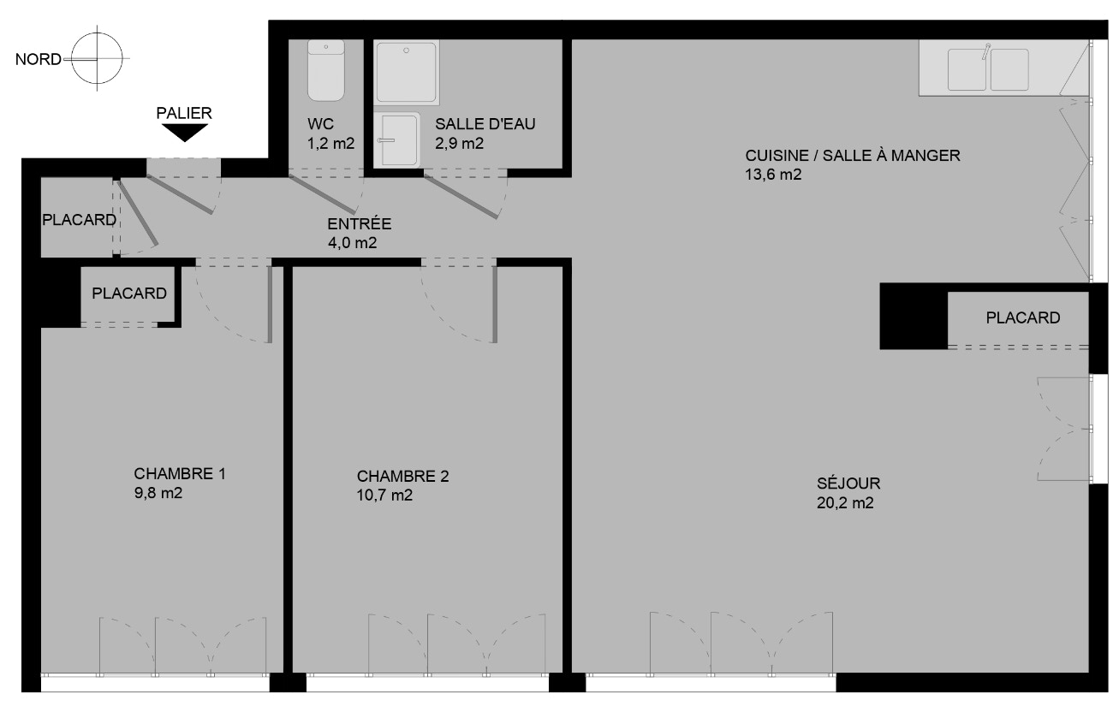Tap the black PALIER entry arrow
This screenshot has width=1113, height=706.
tap(184, 133)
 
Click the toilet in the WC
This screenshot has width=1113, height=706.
tap(326, 70)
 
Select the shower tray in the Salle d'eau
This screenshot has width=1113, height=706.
tap(407, 73)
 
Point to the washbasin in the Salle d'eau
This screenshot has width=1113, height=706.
tap(397, 139)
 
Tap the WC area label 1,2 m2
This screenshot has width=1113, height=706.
tap(331, 144)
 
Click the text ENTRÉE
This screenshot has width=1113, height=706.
tap(360, 223)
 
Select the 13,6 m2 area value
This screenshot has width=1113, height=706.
tap(773, 175)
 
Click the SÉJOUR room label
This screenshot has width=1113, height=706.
tap(848, 484)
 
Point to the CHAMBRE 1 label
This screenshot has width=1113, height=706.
tap(180, 473)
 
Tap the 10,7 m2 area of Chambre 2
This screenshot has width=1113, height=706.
tap(384, 495)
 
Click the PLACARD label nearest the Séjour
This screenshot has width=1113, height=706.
tap(1023, 317)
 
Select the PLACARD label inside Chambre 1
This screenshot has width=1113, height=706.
tap(129, 294)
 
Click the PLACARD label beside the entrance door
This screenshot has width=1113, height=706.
tap(79, 220)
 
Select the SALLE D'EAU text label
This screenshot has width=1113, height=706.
tap(485, 123)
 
